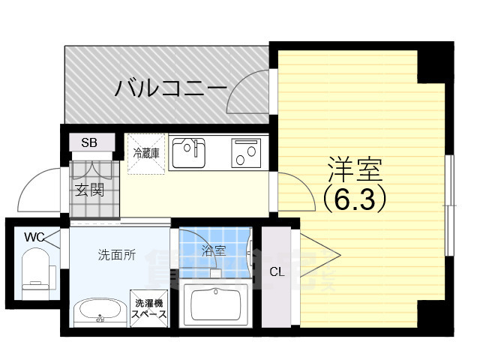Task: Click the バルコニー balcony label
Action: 171,89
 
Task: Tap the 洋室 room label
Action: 354,170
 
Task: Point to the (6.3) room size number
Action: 354,198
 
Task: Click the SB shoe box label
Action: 88,142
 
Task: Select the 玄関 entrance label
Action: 89,188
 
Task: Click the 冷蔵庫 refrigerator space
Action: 146,153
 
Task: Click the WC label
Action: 34,237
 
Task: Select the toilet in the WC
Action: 34,271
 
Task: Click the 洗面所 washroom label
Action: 117,255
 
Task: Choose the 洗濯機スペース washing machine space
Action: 148,307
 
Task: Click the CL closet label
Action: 277,271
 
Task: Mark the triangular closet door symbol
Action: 319,256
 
